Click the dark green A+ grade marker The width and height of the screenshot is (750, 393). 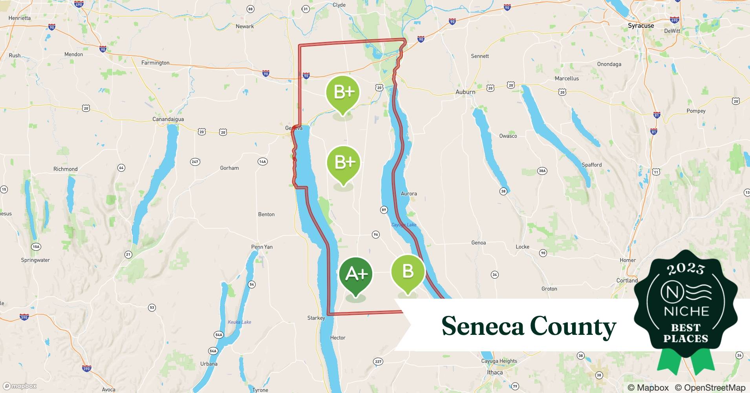pyautogui.click(x=356, y=274)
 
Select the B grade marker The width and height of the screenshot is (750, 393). pyautogui.click(x=408, y=272)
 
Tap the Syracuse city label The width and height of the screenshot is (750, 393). pyautogui.click(x=641, y=26)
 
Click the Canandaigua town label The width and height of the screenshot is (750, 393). pyautogui.click(x=168, y=119)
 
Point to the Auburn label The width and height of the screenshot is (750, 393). pyautogui.click(x=465, y=92)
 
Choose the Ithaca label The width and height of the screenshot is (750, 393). pyautogui.click(x=495, y=372)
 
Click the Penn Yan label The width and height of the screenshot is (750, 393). pyautogui.click(x=262, y=247)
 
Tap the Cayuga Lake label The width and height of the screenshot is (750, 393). pyautogui.click(x=404, y=225)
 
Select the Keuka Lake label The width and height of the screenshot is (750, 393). pyautogui.click(x=240, y=322)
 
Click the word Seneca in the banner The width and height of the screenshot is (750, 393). pyautogui.click(x=483, y=326)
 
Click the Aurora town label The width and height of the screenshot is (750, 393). pyautogui.click(x=409, y=193)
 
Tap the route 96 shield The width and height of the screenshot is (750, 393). pyautogui.click(x=376, y=235)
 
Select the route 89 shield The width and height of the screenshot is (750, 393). pyautogui.click(x=384, y=210)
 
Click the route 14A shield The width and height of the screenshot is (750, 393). pyautogui.click(x=262, y=162)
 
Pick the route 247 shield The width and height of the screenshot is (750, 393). pyautogui.click(x=195, y=162)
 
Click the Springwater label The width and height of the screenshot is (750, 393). pyautogui.click(x=35, y=260)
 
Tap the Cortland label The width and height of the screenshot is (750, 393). pyautogui.click(x=627, y=281)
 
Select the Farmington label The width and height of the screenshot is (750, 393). pyautogui.click(x=155, y=62)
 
